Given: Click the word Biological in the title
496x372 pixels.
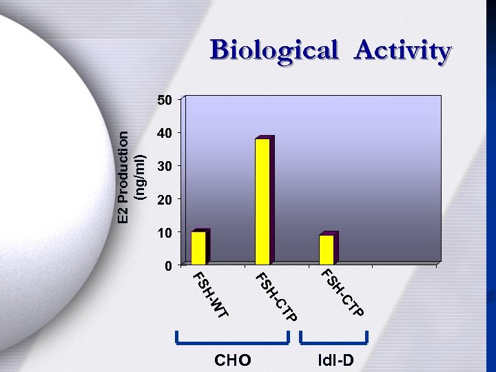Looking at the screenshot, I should point(274,51).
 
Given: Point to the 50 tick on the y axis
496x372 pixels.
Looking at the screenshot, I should point(164,100).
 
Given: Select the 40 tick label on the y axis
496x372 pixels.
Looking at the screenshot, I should point(164,133).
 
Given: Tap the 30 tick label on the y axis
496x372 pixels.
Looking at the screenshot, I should point(164,166).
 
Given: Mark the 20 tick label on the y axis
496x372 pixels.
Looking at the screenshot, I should point(164,199).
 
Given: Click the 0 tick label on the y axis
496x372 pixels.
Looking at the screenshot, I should point(167,265).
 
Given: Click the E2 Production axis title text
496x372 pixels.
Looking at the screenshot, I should point(123,177).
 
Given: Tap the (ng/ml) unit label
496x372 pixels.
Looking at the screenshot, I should point(139,177).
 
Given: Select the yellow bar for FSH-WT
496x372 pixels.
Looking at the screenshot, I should point(198,247).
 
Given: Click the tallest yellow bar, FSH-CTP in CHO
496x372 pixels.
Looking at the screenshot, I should point(262,201).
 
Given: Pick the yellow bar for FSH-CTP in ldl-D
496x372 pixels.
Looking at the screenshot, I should point(327,249).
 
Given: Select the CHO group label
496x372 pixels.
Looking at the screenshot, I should point(233,360).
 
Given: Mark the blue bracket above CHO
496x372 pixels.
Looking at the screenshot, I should point(232,340).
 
